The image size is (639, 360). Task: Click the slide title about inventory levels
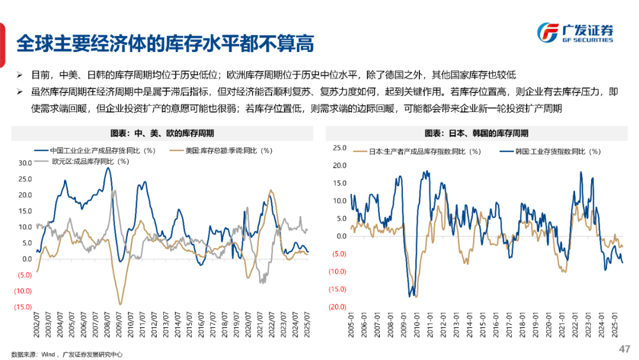click(164, 43)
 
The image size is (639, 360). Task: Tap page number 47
click(624, 348)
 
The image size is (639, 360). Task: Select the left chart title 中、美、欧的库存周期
click(162, 133)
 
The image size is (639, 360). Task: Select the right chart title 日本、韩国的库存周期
click(476, 133)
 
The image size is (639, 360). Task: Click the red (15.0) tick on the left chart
click(23, 307)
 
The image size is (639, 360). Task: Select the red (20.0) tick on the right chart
click(337, 307)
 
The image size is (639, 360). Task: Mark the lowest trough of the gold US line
click(121, 304)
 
